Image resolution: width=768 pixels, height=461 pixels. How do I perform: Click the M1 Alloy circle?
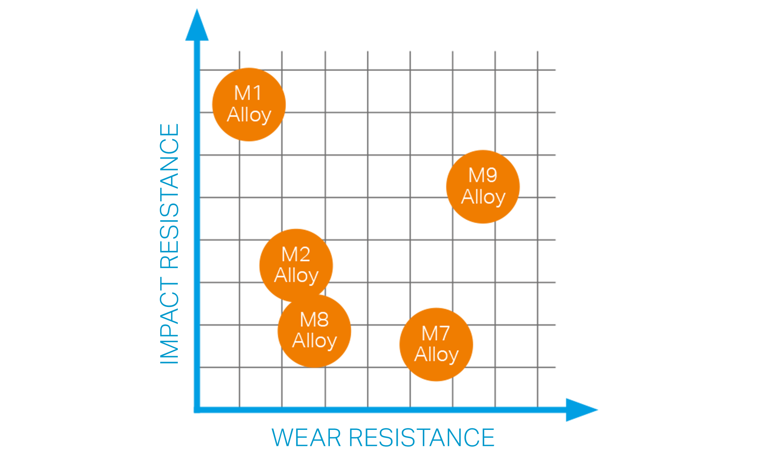tap(249, 104)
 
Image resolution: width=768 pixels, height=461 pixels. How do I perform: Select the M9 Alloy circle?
tap(483, 187)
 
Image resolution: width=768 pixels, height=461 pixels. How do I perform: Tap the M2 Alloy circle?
tap(296, 265)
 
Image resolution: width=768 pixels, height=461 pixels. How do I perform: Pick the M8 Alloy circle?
tap(314, 331)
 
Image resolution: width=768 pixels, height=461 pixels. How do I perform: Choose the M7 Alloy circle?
tap(436, 345)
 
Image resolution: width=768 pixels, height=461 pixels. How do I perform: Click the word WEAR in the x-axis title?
tap(306, 438)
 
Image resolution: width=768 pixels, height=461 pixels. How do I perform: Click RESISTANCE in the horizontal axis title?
tap(422, 438)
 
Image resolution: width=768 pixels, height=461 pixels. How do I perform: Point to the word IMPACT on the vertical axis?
tap(169, 320)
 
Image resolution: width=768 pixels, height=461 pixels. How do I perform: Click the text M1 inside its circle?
tap(248, 93)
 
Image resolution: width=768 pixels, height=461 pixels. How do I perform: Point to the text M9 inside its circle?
tap(483, 176)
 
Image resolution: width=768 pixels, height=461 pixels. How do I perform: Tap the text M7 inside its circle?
tap(436, 333)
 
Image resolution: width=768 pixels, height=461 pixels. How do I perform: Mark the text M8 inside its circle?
tap(314, 320)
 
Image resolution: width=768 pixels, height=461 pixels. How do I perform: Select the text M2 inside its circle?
tap(296, 254)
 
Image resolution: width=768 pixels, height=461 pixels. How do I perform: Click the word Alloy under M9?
tap(483, 197)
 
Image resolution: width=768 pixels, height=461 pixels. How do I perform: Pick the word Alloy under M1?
tap(249, 115)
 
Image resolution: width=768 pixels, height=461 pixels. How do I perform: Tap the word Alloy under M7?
tap(437, 355)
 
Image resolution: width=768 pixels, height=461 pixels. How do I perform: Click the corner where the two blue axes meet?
tap(197, 410)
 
